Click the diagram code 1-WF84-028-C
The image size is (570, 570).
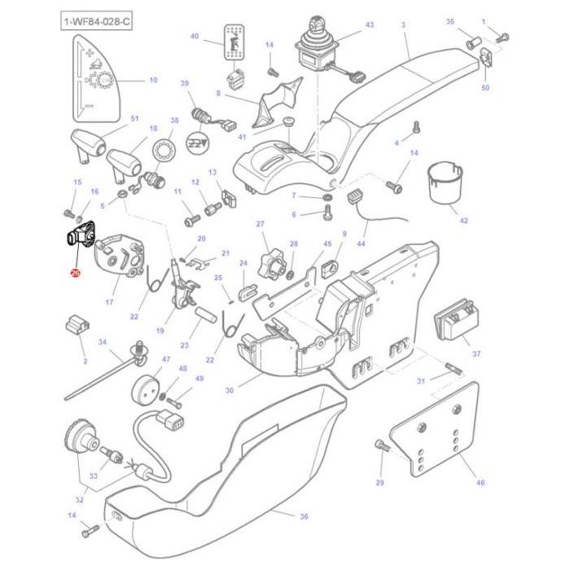(x=96, y=20)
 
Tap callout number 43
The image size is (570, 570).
(x=369, y=25)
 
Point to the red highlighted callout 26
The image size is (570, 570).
(x=75, y=274)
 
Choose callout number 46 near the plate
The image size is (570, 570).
(x=480, y=483)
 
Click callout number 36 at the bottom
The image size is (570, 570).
(x=304, y=516)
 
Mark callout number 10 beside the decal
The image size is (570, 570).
(x=152, y=80)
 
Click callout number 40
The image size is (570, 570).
(x=194, y=37)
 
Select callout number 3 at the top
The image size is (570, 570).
(x=403, y=25)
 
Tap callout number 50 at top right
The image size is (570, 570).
(x=486, y=87)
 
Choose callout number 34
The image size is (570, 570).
(x=103, y=343)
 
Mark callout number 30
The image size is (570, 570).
(x=230, y=390)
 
